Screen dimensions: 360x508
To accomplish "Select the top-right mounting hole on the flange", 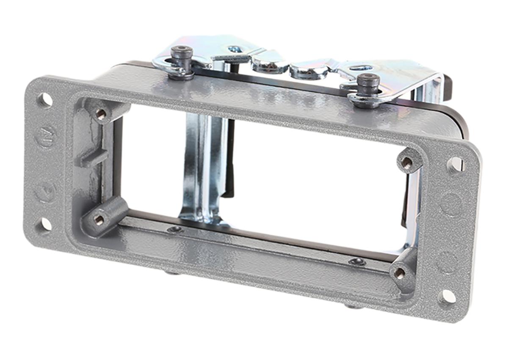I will [456, 164].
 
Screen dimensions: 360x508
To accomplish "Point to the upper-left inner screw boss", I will [101, 113].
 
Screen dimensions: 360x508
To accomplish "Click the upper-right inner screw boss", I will [407, 162].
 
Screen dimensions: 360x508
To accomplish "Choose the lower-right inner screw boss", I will [400, 273].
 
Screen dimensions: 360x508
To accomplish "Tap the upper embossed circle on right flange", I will [452, 204].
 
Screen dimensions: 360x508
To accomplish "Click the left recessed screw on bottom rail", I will [174, 229].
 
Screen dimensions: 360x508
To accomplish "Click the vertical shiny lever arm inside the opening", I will [202, 169].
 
